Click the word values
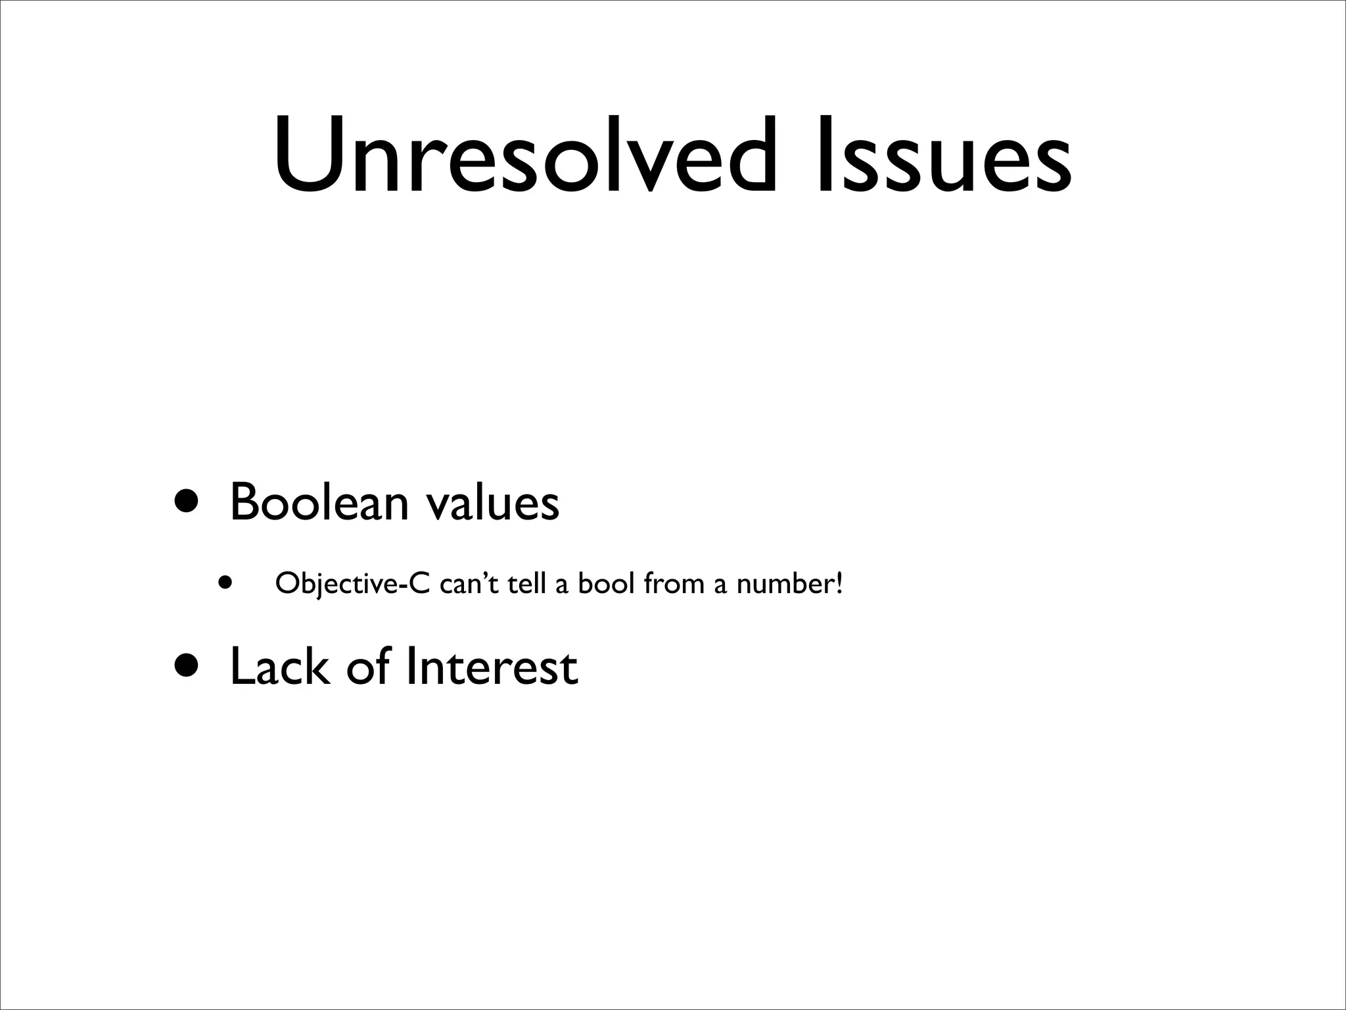coord(492,503)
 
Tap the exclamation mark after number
coord(838,583)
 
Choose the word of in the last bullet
coord(369,666)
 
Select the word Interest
coord(492,667)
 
